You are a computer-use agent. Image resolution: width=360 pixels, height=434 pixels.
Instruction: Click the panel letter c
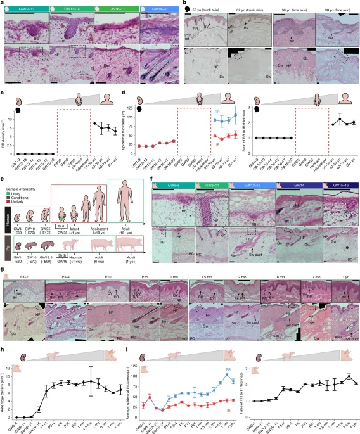point(3,98)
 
